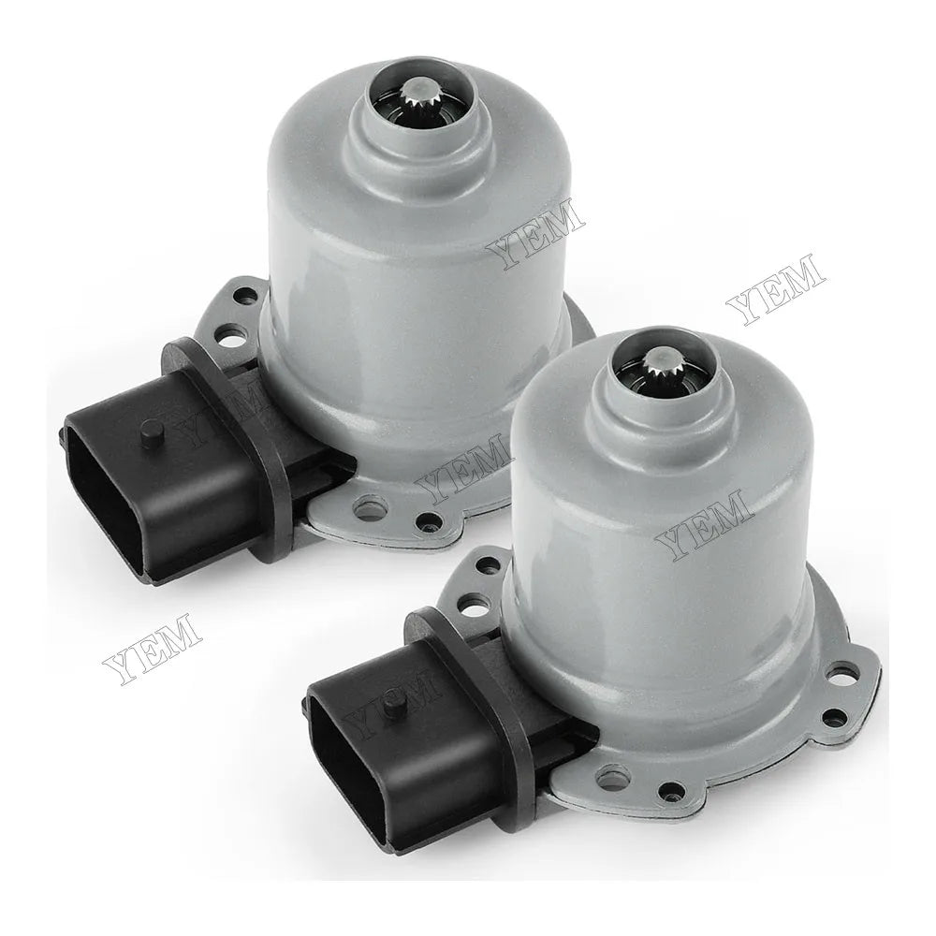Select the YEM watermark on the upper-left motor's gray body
click(535, 235)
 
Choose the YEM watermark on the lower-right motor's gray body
click(702, 525)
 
